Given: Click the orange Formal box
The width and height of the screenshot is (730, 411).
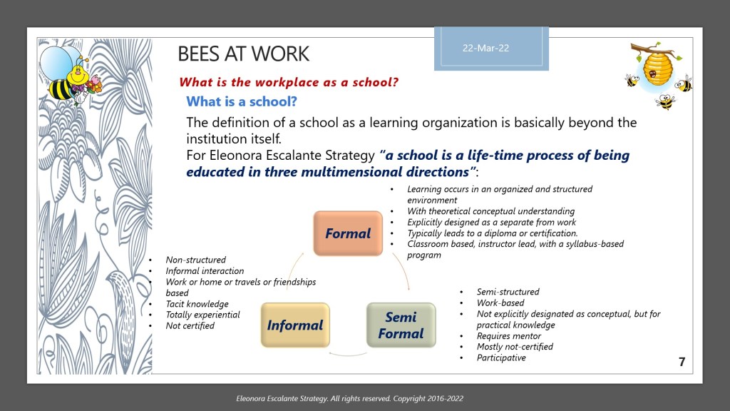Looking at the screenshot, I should (x=348, y=233).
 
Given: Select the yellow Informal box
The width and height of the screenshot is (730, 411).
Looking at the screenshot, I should (x=295, y=325).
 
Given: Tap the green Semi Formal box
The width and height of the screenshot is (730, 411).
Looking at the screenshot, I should (x=401, y=325).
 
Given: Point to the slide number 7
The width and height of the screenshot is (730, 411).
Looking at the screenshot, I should (x=682, y=362).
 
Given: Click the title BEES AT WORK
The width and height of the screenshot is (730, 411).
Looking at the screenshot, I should (x=243, y=54).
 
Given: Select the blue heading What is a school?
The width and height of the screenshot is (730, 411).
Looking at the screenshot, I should (x=242, y=101).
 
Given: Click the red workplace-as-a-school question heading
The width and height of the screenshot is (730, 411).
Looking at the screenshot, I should (x=288, y=81).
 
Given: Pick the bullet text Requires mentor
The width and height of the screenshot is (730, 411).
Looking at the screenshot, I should (x=508, y=336).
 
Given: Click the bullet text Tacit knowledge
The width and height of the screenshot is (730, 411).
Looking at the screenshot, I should (x=197, y=304).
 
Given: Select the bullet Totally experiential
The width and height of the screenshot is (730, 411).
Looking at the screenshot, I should (x=202, y=315).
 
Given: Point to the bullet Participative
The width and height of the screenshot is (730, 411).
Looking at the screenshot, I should (x=501, y=357).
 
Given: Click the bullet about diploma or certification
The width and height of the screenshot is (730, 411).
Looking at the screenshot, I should (x=492, y=233).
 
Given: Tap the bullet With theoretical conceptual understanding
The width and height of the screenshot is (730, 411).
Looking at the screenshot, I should (x=490, y=211).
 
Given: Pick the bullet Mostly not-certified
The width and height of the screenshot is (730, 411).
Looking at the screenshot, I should (x=515, y=347).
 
